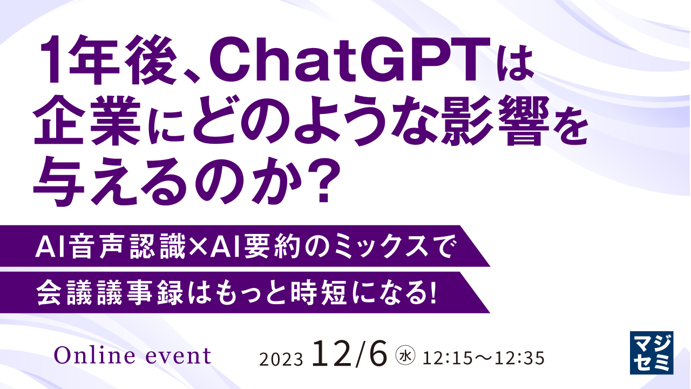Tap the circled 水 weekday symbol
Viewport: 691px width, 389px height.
404,357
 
